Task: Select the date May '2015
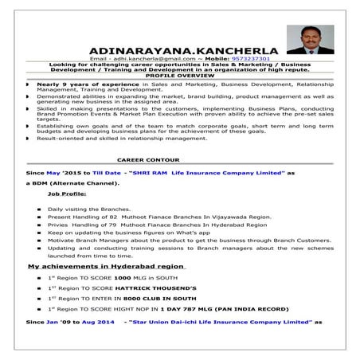[x=65, y=172]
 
